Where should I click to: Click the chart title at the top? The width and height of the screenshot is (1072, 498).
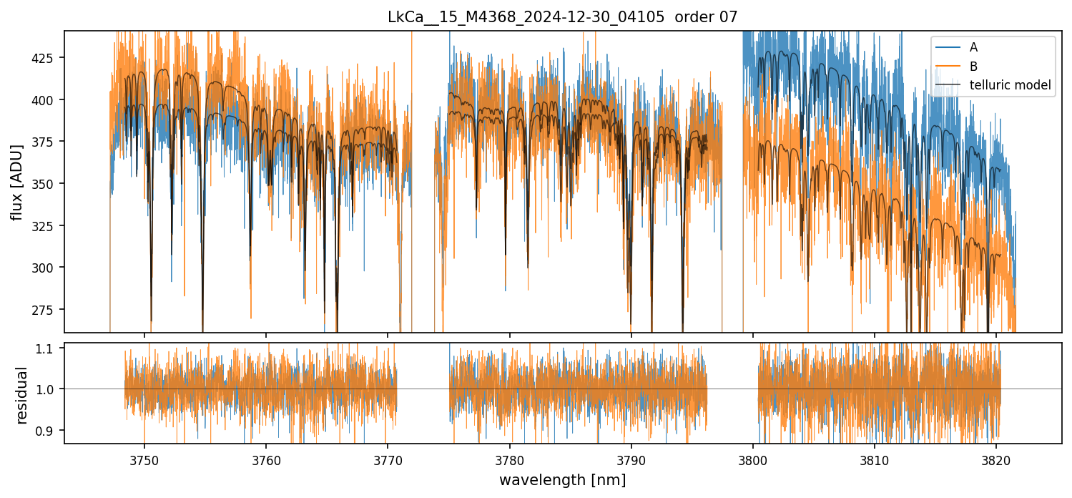[x=562, y=16]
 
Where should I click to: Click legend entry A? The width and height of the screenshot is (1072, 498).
[x=973, y=47]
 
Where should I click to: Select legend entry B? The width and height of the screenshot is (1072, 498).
[x=973, y=66]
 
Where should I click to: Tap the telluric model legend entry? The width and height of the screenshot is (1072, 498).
[x=1010, y=85]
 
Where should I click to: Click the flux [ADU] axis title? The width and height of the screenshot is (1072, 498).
[x=16, y=182]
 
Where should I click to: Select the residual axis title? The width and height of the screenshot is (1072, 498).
[x=21, y=395]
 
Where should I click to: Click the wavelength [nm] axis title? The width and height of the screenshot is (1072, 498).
[x=562, y=480]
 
